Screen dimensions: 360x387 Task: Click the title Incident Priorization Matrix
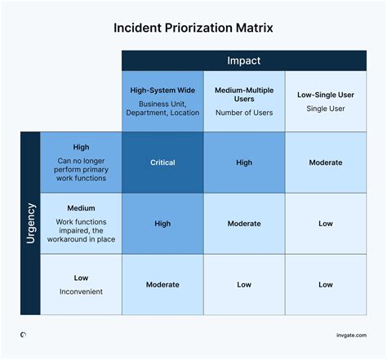click(193, 28)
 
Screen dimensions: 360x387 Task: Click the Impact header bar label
click(244, 61)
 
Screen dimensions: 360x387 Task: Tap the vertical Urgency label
click(30, 224)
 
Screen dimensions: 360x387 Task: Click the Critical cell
click(162, 162)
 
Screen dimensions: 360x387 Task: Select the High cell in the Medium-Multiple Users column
click(244, 162)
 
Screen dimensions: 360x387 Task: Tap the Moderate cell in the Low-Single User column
click(326, 162)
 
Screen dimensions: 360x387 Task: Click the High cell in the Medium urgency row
click(162, 224)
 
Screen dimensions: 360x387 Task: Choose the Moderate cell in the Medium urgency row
click(244, 224)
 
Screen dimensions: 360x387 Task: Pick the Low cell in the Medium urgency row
click(326, 224)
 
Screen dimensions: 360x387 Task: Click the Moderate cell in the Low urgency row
click(162, 285)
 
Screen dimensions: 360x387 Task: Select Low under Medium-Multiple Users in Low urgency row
click(244, 285)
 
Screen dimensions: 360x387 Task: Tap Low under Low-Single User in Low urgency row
click(326, 285)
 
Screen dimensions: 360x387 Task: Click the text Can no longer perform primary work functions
click(81, 169)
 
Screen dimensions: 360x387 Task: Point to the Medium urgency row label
click(81, 207)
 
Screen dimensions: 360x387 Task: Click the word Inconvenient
click(81, 291)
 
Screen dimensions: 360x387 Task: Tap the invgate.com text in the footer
click(350, 335)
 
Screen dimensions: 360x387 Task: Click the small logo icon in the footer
click(23, 335)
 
